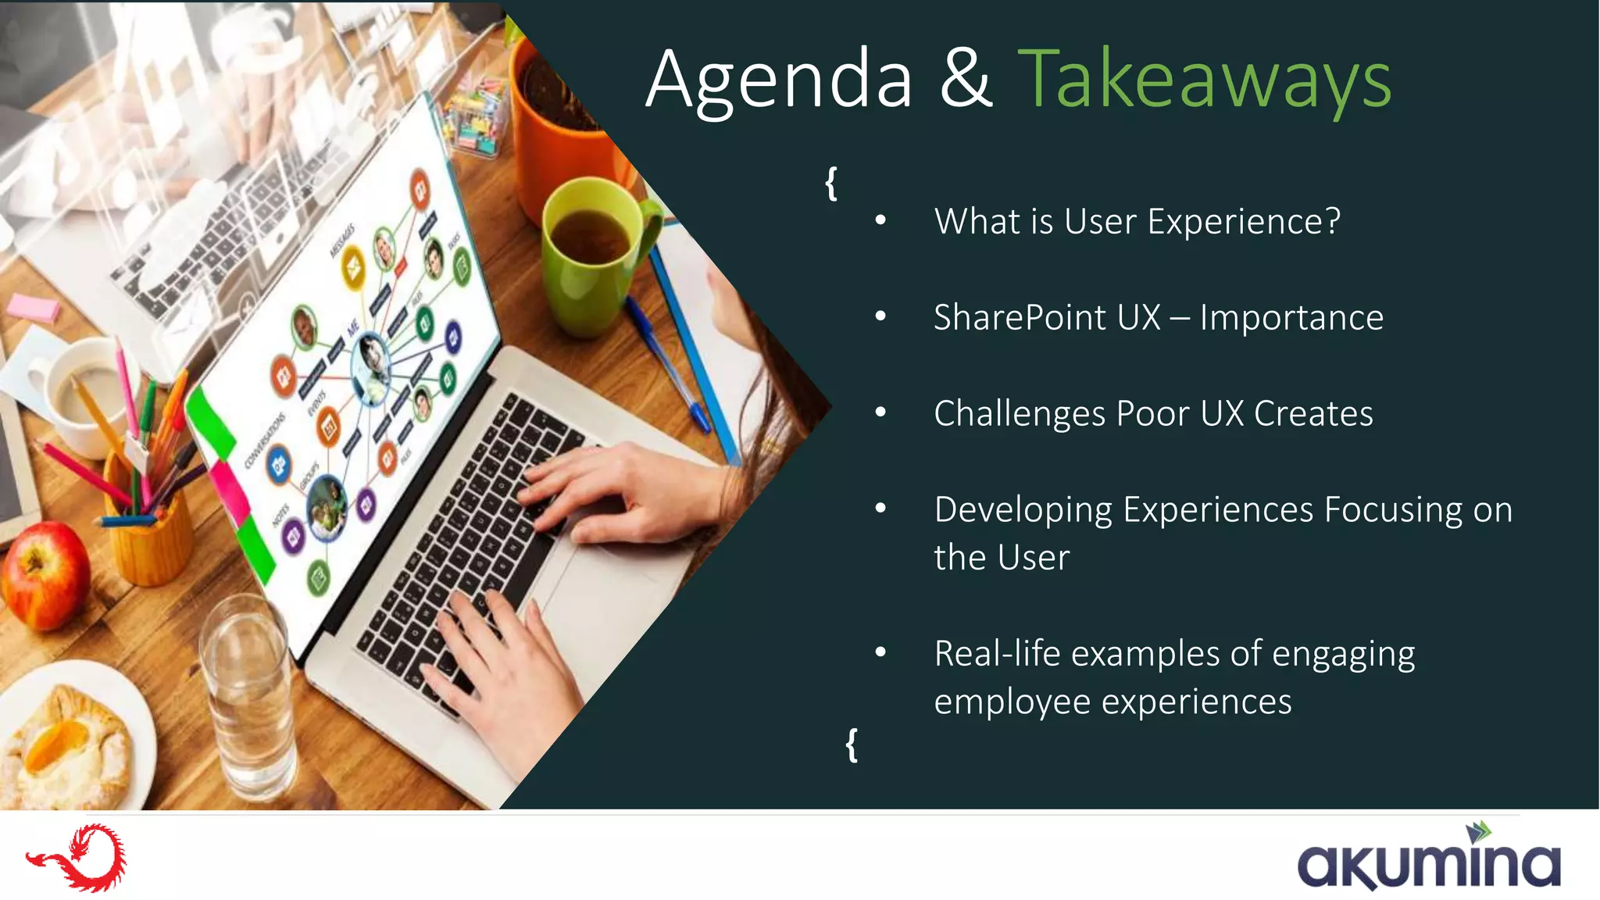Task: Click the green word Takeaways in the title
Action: (1204, 80)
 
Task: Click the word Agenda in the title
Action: (779, 80)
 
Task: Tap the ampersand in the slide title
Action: (966, 80)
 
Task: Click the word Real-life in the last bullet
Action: (997, 654)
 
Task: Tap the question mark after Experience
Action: (1332, 222)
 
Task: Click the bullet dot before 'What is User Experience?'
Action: (880, 222)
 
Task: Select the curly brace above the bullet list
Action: (831, 184)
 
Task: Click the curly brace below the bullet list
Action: (852, 745)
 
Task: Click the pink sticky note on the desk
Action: (34, 307)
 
